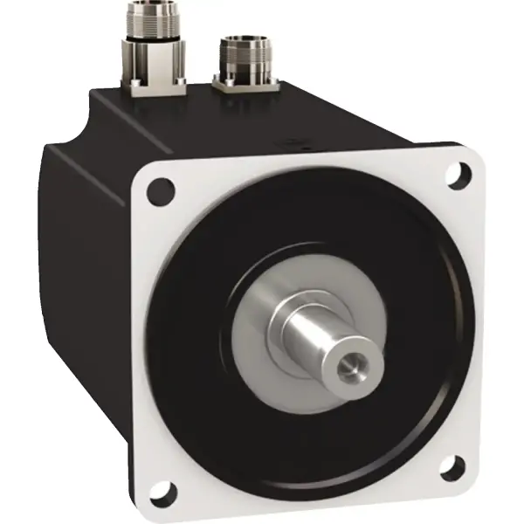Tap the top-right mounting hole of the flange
[455, 175]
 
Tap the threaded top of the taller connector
[156, 12]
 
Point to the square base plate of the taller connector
[157, 83]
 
